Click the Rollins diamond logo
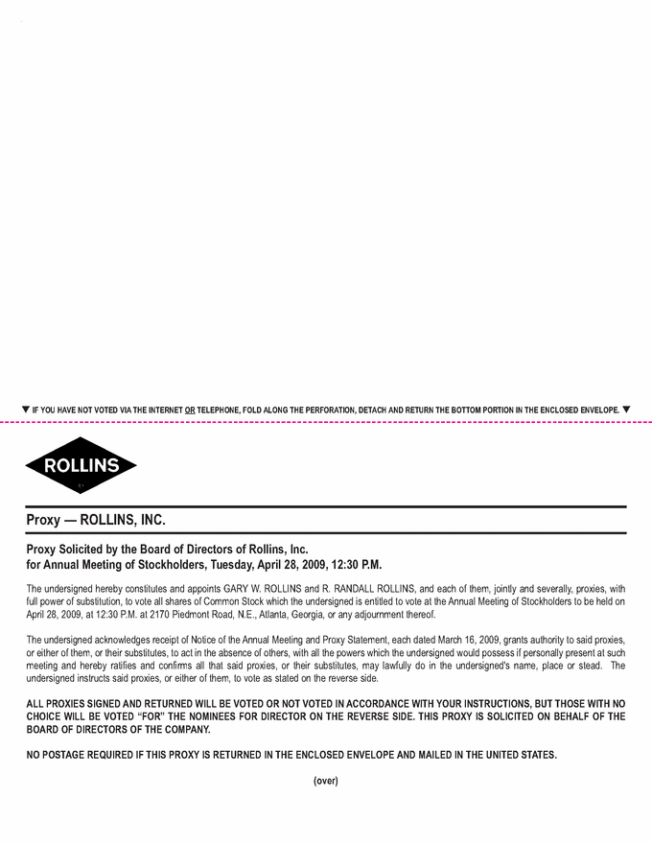[81, 466]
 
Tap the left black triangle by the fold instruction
[26, 410]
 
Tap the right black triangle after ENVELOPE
[626, 410]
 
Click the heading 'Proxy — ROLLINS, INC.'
[97, 521]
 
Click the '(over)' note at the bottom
[326, 781]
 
